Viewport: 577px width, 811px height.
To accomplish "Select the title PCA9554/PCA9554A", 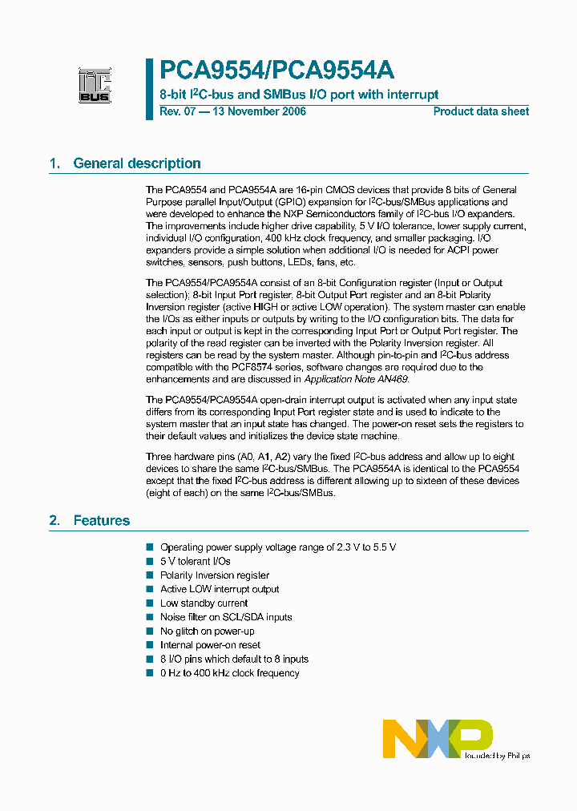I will click(x=276, y=71).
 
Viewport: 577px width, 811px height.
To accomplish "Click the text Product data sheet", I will click(x=481, y=111).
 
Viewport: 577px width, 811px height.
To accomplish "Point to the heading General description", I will click(x=137, y=163).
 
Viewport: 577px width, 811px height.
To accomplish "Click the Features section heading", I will click(x=102, y=521).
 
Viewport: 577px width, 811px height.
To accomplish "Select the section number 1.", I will click(x=54, y=163).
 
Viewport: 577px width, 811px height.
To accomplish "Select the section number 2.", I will click(x=54, y=521).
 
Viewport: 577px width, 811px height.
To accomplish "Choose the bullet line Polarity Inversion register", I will click(x=215, y=575).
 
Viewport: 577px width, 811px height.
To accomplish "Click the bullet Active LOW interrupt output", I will click(x=220, y=589).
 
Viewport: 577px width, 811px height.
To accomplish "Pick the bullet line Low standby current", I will click(x=204, y=603).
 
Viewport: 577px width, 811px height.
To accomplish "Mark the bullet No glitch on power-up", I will click(x=207, y=631).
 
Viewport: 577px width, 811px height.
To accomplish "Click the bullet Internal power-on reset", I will click(x=210, y=645).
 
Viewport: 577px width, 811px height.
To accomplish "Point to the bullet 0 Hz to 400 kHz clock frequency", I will click(x=229, y=673).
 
